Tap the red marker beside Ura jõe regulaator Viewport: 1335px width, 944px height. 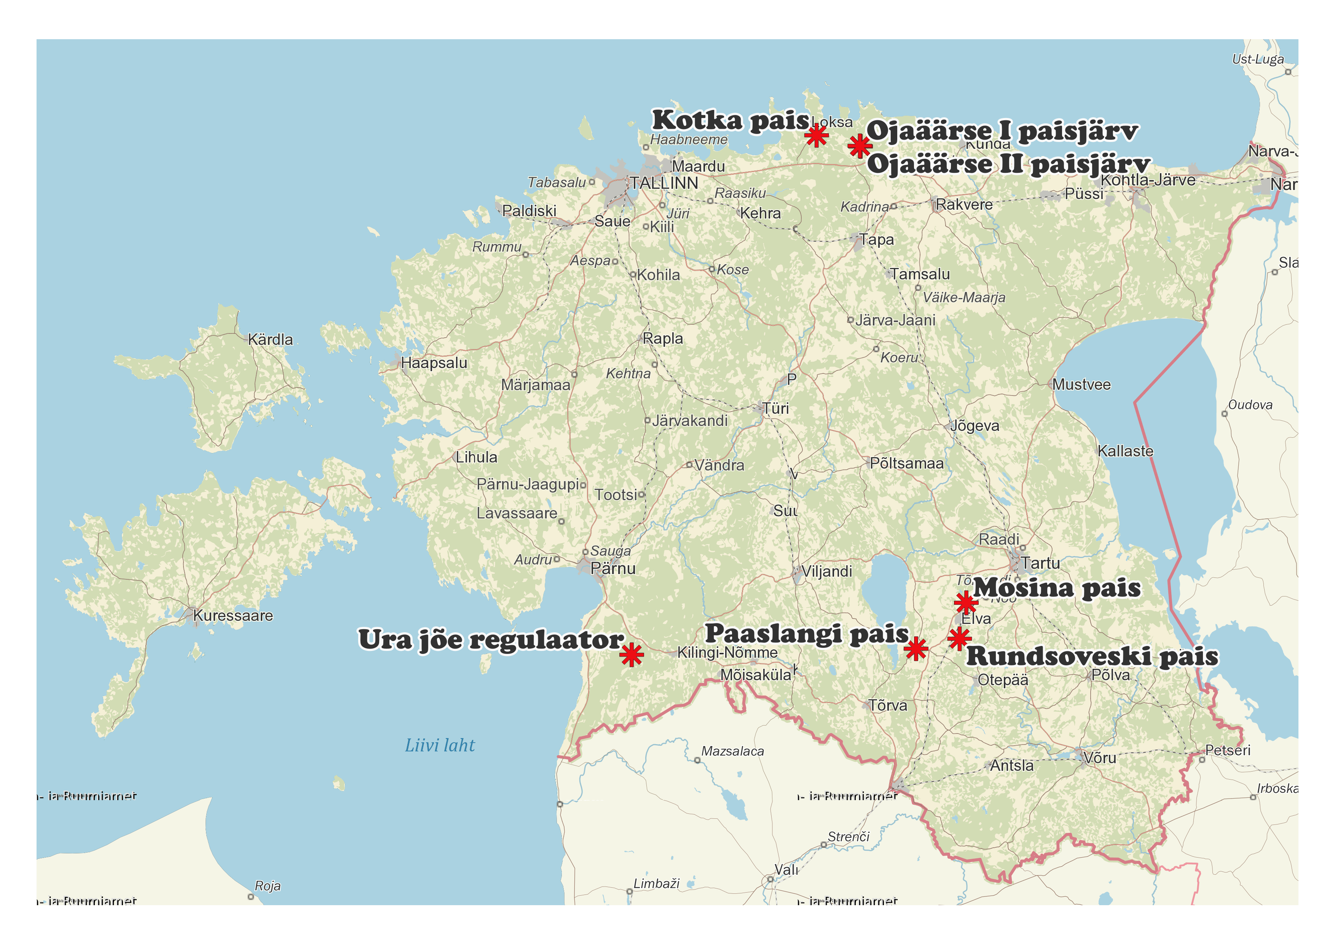pos(632,655)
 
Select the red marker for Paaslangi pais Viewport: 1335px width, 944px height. pos(916,649)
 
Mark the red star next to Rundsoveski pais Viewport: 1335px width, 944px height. pos(959,638)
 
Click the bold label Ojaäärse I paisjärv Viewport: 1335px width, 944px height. pos(1002,131)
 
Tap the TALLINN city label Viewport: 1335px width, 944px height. pos(664,183)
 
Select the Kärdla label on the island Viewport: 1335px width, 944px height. pos(270,340)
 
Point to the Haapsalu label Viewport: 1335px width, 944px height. pos(434,363)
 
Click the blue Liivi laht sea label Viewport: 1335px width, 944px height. pos(440,745)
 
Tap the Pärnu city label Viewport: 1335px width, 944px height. pos(613,568)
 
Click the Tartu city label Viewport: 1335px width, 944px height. pos(1040,563)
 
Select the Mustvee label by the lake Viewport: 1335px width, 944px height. pos(1081,385)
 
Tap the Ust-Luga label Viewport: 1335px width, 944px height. pos(1258,59)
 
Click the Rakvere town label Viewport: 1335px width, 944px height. pos(964,205)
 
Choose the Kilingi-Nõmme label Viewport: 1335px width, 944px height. pos(727,653)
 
